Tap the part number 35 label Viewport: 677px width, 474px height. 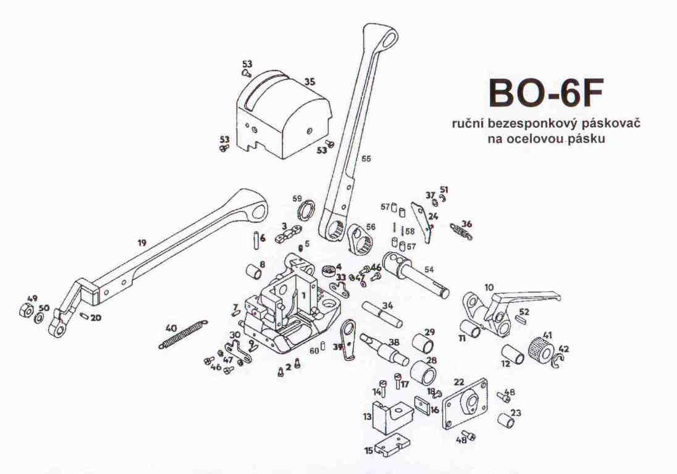pyautogui.click(x=309, y=82)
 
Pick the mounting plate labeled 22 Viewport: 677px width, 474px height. pyautogui.click(x=466, y=403)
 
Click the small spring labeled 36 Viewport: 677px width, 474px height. pyautogui.click(x=461, y=231)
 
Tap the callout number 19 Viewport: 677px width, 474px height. pyautogui.click(x=142, y=243)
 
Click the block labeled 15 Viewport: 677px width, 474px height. pyautogui.click(x=392, y=445)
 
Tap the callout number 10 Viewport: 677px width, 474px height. pyautogui.click(x=489, y=287)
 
